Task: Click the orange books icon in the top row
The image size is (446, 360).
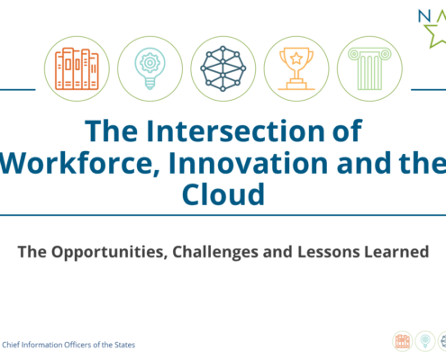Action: pos(77,68)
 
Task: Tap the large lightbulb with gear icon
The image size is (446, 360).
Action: pos(150,68)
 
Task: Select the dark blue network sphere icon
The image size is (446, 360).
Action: pos(223,68)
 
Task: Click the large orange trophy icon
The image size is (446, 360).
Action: pos(296,68)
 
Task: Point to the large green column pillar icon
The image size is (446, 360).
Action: pos(369,69)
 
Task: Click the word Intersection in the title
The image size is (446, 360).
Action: pos(235,131)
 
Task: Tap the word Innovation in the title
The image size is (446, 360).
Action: pos(249,163)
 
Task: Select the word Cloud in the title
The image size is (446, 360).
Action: pos(223,194)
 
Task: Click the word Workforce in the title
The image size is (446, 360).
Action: pos(79,164)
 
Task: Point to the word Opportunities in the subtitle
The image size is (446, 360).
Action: pos(109,253)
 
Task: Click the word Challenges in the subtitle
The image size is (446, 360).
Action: pos(215,252)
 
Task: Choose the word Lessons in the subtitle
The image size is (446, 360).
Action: pos(329,252)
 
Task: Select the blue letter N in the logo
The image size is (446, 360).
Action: pos(424,16)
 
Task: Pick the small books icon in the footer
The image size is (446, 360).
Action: pos(403,341)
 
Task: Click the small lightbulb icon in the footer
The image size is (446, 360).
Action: pos(425,341)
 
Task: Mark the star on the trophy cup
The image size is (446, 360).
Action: pos(296,58)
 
